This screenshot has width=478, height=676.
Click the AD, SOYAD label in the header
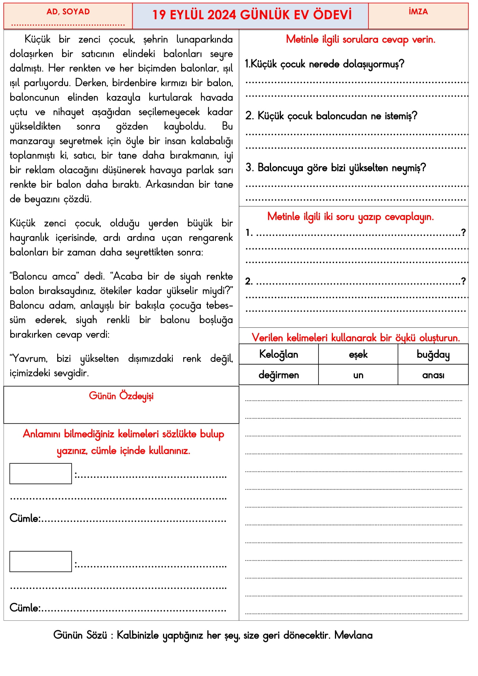pyautogui.click(x=68, y=12)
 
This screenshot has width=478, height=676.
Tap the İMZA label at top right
pyautogui.click(x=418, y=12)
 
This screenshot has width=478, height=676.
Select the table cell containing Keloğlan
pyautogui.click(x=278, y=354)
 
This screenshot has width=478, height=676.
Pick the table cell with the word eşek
pyautogui.click(x=358, y=354)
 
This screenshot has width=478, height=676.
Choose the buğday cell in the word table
pyautogui.click(x=433, y=354)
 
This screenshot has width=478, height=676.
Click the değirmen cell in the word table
pyautogui.click(x=278, y=375)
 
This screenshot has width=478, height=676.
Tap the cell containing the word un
pyautogui.click(x=358, y=375)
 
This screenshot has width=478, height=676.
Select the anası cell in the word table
pyautogui.click(x=433, y=375)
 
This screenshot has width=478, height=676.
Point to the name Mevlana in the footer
pyautogui.click(x=353, y=635)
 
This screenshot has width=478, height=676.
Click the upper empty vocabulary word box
pyautogui.click(x=41, y=473)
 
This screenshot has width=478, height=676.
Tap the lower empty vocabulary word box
pyautogui.click(x=41, y=561)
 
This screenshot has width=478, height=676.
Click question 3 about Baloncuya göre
pyautogui.click(x=336, y=168)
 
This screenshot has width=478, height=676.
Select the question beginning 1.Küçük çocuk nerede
pyautogui.click(x=324, y=64)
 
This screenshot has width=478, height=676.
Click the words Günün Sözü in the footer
pyautogui.click(x=80, y=635)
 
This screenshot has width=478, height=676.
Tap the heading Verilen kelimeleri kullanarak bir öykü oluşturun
pyautogui.click(x=355, y=338)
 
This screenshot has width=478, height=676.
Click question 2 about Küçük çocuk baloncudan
pyautogui.click(x=331, y=116)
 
